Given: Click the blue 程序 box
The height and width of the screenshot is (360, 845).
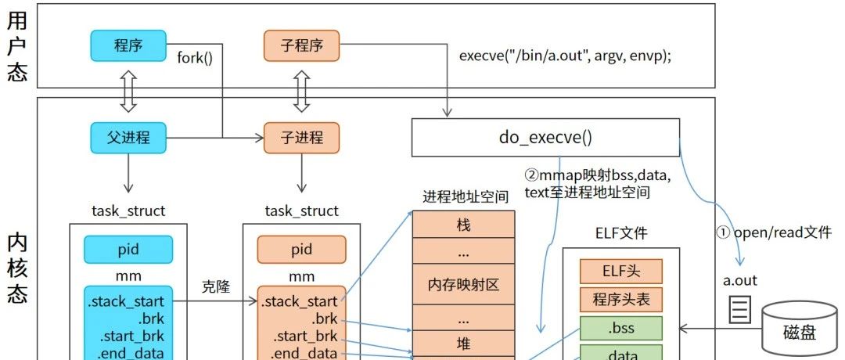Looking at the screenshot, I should click(x=128, y=44).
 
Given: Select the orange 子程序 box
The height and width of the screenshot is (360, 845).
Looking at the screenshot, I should click(x=301, y=44).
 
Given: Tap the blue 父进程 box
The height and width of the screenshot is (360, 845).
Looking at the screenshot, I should click(x=128, y=139).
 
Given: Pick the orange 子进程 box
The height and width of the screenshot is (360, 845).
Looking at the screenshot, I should click(x=301, y=139).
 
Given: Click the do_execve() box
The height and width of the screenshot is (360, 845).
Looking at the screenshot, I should click(x=545, y=138).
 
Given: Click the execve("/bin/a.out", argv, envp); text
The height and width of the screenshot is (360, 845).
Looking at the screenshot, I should click(x=565, y=56).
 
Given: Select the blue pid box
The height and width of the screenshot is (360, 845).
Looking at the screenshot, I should click(x=128, y=250).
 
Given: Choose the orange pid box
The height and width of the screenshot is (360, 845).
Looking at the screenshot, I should click(x=301, y=250).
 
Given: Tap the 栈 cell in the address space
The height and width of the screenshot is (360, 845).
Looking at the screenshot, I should click(x=463, y=225).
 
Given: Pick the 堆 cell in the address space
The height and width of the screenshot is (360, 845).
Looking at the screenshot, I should click(x=463, y=342).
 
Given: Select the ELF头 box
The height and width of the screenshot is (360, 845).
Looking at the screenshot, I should click(x=621, y=272).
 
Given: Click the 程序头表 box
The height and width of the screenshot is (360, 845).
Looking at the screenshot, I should click(x=621, y=299).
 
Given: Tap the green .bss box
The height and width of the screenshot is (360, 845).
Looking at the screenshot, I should click(x=621, y=327).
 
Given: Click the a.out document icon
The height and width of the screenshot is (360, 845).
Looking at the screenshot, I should click(x=739, y=310).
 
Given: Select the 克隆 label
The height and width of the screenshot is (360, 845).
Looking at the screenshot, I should click(x=215, y=286).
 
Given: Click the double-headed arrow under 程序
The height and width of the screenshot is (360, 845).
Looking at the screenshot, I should click(x=128, y=92).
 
